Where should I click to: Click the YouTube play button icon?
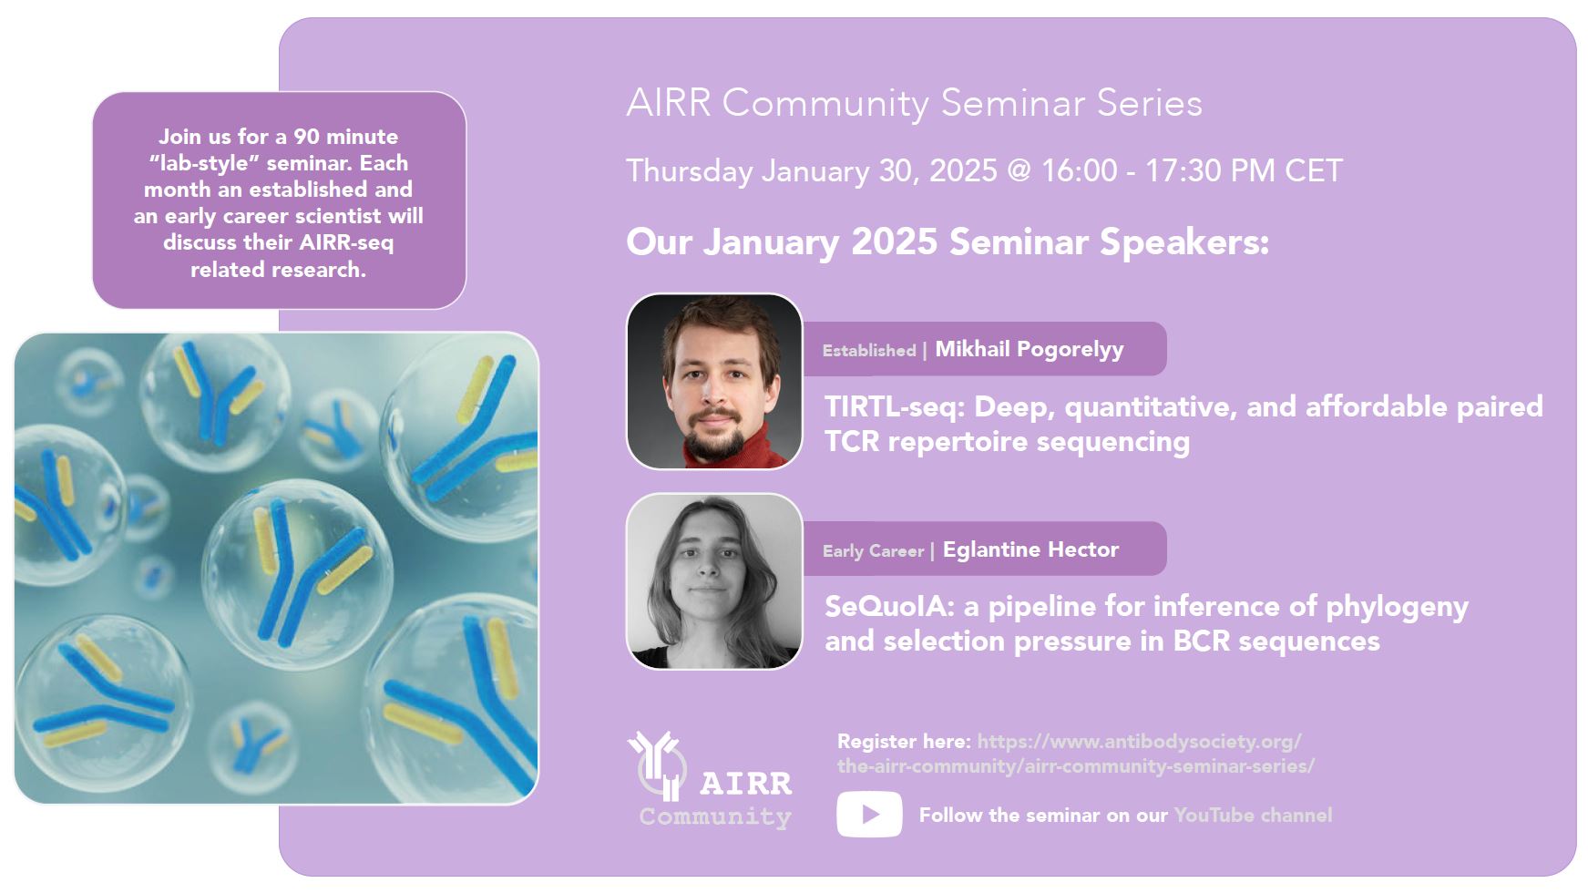tap(869, 814)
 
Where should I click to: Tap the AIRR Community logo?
tap(710, 780)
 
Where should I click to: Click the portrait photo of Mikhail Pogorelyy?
tap(714, 381)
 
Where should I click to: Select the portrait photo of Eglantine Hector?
tap(714, 581)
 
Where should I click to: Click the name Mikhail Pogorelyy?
tap(1030, 349)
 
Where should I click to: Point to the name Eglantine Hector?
tap(1030, 549)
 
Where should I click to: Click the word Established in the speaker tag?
tap(869, 350)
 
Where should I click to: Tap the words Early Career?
tap(873, 550)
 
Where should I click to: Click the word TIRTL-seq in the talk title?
tap(895, 406)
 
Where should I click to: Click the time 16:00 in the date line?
tap(1080, 170)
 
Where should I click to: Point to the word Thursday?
tap(690, 171)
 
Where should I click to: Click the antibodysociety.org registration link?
tap(1076, 754)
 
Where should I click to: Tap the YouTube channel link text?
tap(1253, 815)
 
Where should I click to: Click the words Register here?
tap(904, 741)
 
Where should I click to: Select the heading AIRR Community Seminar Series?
tap(914, 103)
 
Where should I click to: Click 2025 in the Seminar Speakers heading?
tap(894, 242)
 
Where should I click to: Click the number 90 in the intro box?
tap(306, 137)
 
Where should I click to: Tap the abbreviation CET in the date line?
tap(1314, 170)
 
